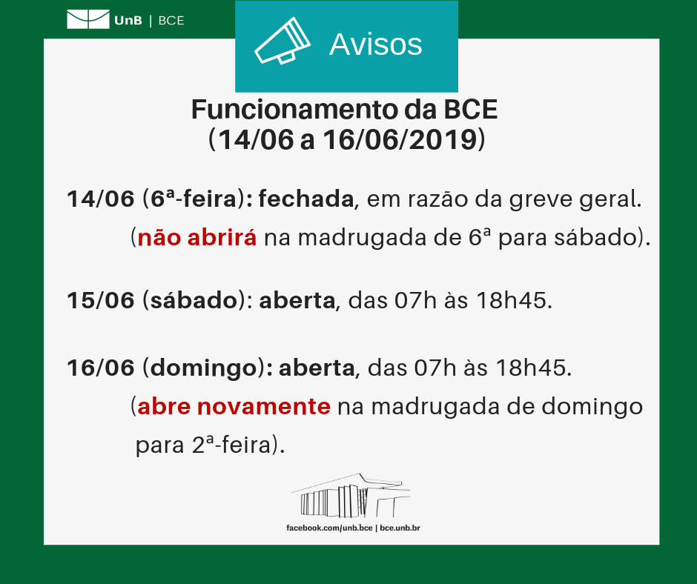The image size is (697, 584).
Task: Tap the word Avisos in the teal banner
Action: click(375, 44)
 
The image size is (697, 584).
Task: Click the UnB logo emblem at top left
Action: click(87, 20)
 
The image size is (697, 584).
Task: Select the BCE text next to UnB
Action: click(171, 21)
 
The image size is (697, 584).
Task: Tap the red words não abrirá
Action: click(197, 239)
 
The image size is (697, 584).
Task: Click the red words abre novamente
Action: click(234, 407)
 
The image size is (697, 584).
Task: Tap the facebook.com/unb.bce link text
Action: click(329, 528)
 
